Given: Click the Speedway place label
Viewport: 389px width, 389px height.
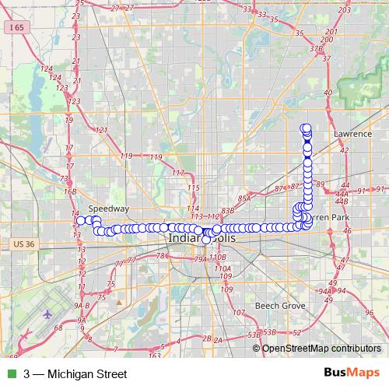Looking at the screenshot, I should pyautogui.click(x=103, y=209).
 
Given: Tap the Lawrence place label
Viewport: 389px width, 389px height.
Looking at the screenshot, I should pyautogui.click(x=353, y=134).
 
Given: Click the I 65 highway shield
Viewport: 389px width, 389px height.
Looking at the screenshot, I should pyautogui.click(x=16, y=26).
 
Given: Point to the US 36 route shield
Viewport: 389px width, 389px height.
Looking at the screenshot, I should pyautogui.click(x=25, y=244).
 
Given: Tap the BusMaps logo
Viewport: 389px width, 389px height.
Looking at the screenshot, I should pyautogui.click(x=352, y=373).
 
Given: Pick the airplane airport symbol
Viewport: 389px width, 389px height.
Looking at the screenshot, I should pyautogui.click(x=49, y=314).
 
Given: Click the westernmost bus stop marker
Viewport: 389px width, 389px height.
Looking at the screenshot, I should pyautogui.click(x=80, y=221).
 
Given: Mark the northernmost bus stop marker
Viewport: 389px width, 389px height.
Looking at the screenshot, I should pyautogui.click(x=306, y=128).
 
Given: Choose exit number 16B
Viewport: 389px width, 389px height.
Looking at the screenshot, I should pyautogui.click(x=70, y=191).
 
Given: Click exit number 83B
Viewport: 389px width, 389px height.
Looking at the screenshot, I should pyautogui.click(x=228, y=210).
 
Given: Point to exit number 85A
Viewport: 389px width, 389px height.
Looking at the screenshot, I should pyautogui.click(x=245, y=198).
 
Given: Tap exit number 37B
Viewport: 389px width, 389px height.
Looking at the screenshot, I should pyautogui.click(x=316, y=48).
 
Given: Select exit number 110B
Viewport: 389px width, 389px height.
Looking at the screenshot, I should pyautogui.click(x=218, y=257).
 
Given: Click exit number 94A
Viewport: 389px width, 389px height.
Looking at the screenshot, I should pyautogui.click(x=324, y=290).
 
